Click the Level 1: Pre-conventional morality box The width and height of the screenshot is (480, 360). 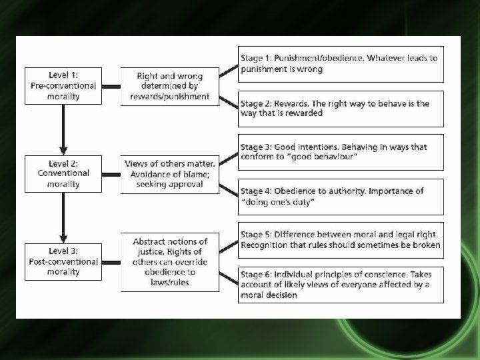pos(63,86)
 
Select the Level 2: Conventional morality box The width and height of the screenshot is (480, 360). pos(63,174)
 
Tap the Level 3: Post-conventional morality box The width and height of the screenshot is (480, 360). pos(63,262)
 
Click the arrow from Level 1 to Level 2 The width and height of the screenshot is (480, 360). pos(63,129)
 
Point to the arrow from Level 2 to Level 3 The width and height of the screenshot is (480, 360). pos(63,217)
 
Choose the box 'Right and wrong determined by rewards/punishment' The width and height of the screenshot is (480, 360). pos(170,87)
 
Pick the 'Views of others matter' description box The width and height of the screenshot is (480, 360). pos(170,174)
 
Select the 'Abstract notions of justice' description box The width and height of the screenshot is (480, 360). pos(170,262)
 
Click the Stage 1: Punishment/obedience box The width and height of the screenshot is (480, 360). pos(341,64)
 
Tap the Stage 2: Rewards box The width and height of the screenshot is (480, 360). pos(341,109)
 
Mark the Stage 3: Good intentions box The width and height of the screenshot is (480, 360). pos(341,152)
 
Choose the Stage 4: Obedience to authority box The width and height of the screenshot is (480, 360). pos(341,196)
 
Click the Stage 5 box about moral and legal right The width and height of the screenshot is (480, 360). pos(341,240)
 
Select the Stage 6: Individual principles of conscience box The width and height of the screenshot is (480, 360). pos(341,285)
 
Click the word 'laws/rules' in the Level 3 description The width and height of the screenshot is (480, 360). pos(170,282)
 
